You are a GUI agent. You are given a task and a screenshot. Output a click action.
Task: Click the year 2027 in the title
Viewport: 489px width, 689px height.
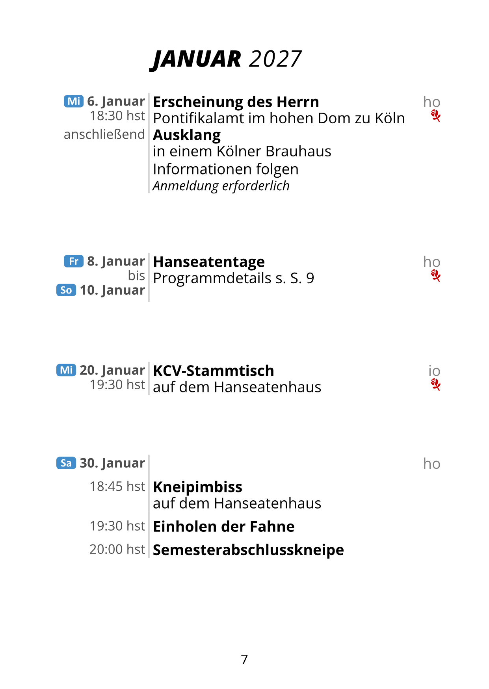(x=275, y=59)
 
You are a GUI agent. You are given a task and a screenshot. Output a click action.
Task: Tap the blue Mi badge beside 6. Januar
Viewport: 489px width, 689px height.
(x=74, y=101)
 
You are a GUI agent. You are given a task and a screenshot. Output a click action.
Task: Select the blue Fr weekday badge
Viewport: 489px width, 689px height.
(x=74, y=261)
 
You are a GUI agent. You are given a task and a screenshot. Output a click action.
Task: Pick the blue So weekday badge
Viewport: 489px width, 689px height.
(x=66, y=290)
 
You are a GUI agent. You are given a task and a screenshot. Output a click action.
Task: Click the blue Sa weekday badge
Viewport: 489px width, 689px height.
(x=66, y=463)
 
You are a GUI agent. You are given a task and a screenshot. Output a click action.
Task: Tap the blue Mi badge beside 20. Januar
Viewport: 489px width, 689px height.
(x=66, y=370)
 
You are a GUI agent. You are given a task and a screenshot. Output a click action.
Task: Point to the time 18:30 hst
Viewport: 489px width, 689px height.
(x=117, y=116)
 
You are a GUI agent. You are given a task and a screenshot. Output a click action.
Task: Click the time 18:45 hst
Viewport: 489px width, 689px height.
(x=117, y=487)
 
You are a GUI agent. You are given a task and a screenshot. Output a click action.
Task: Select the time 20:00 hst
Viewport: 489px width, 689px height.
(x=117, y=549)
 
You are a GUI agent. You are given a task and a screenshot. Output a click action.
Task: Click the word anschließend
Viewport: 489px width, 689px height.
(x=104, y=134)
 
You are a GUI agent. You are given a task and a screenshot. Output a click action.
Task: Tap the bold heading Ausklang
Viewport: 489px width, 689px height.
(x=187, y=136)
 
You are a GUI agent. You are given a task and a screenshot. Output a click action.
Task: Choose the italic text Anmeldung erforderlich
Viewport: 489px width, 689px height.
(x=221, y=186)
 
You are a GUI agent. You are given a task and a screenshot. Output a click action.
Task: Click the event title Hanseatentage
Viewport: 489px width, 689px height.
(x=209, y=262)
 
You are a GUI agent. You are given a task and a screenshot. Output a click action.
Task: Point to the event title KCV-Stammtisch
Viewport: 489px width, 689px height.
(x=214, y=371)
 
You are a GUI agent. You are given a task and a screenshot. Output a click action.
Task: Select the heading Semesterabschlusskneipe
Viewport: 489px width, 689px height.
(x=248, y=550)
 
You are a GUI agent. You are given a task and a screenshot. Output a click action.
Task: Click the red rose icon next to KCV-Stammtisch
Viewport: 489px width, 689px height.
(x=435, y=384)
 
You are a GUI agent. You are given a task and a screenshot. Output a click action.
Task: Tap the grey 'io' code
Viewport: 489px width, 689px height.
(x=434, y=371)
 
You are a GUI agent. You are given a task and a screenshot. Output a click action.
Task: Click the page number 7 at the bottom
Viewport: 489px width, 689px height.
(x=244, y=659)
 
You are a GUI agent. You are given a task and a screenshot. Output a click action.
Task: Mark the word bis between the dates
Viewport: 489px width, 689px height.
(x=136, y=276)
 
